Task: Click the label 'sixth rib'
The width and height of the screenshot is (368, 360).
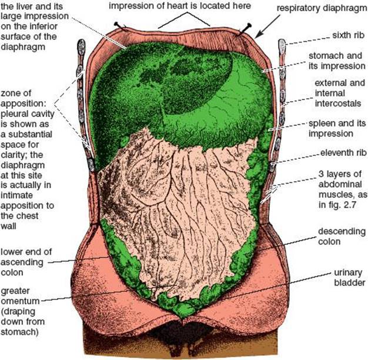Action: click(348, 35)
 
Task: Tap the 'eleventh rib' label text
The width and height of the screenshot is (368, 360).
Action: click(343, 153)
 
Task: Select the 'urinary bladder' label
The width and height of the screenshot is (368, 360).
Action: click(350, 278)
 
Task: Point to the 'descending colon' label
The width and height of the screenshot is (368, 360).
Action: click(342, 236)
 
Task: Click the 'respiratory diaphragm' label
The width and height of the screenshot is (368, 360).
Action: click(322, 8)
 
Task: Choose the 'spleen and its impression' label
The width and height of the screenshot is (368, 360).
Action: click(337, 128)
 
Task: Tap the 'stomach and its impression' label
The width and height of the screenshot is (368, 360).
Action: click(337, 61)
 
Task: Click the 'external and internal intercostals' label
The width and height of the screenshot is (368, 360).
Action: click(340, 93)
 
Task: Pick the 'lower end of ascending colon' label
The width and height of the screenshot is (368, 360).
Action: click(26, 262)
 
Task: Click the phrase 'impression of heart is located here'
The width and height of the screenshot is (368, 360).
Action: click(180, 6)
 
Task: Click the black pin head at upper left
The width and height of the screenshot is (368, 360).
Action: click(116, 24)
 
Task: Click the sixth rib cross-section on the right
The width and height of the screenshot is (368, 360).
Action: click(282, 45)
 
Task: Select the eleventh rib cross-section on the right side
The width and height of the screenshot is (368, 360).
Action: click(272, 166)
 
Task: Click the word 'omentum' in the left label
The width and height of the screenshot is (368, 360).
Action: click(20, 301)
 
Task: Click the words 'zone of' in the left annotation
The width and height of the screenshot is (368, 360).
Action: click(16, 93)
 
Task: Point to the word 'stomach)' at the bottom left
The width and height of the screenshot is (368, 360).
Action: click(19, 332)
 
